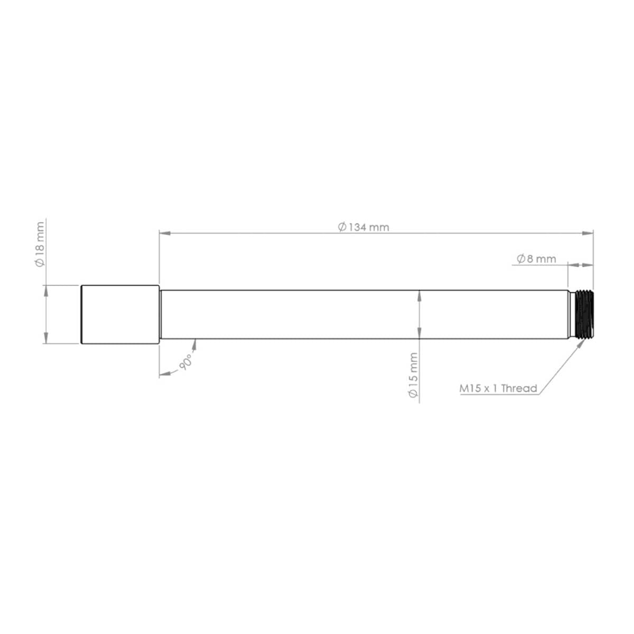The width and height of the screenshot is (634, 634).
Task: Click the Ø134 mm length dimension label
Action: point(363,227)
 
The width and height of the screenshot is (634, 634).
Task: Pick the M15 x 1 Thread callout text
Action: point(498,389)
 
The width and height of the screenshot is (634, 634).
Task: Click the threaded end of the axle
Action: point(583,314)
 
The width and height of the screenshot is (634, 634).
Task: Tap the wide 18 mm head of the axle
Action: point(120,314)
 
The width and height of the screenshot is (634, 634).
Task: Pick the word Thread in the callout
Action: point(519,389)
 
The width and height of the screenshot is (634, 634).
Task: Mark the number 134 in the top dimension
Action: point(357,227)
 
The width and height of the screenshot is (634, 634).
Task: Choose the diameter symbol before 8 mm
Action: point(520,259)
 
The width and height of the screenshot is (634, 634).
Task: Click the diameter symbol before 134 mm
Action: point(342,227)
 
